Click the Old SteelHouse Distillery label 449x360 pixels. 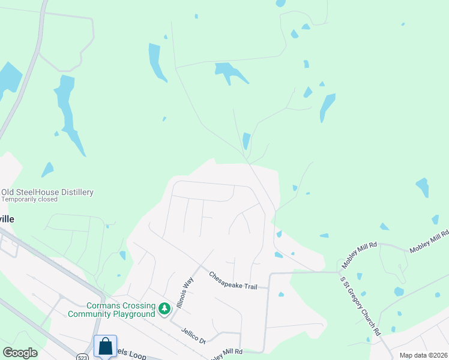(47, 192)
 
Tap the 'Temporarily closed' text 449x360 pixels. (29, 199)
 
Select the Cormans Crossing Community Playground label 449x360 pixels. (112, 310)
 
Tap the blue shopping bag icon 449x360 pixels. (105, 346)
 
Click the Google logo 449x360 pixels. (20, 353)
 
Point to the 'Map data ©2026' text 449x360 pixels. (423, 355)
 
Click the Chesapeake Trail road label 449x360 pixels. (233, 280)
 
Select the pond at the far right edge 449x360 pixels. (423, 187)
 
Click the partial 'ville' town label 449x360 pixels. (7, 219)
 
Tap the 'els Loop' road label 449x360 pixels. (132, 356)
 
